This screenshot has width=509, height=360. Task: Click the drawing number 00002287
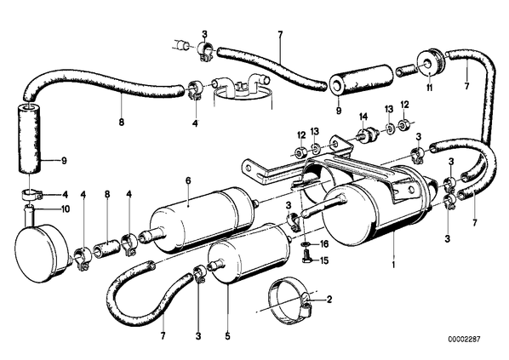[x=464, y=340]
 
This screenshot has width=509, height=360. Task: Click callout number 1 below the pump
[x=393, y=266]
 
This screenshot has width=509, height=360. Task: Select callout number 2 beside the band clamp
[x=329, y=299]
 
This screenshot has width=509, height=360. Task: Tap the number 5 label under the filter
[x=227, y=336]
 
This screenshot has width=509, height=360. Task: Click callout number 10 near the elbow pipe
[x=66, y=209]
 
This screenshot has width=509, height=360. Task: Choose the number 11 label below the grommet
[x=430, y=88]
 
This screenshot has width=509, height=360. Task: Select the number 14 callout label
[x=363, y=116]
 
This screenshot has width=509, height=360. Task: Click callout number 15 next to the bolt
[x=324, y=260]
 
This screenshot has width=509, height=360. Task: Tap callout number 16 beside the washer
[x=324, y=243]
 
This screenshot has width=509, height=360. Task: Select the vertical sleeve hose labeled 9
[x=30, y=138]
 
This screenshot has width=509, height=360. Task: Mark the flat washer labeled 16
[x=306, y=243]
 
